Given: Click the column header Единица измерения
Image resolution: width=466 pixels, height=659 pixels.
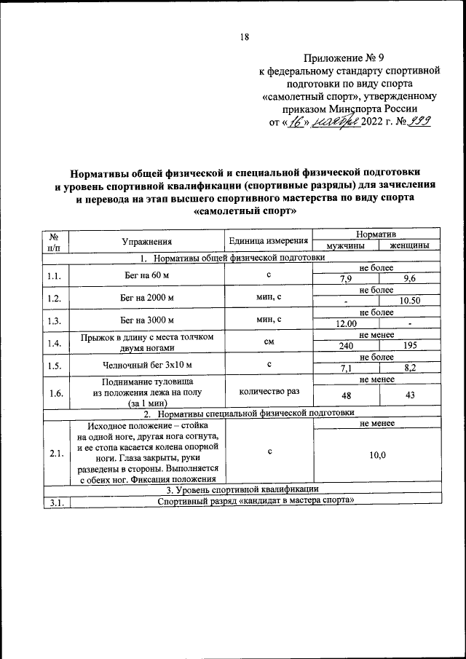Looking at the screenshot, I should (x=267, y=241).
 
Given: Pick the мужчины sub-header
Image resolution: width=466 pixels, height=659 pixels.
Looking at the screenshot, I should (x=346, y=246).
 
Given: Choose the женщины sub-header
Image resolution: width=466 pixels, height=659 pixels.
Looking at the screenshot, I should (x=409, y=246).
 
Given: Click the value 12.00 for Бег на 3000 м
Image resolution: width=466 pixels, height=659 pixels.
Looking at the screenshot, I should (x=346, y=324).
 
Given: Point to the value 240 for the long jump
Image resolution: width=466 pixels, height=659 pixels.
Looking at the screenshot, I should (x=346, y=347).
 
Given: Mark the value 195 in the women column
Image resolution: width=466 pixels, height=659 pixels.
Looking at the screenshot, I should (x=409, y=347).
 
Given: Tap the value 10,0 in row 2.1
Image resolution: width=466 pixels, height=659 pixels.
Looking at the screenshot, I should (x=377, y=455).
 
